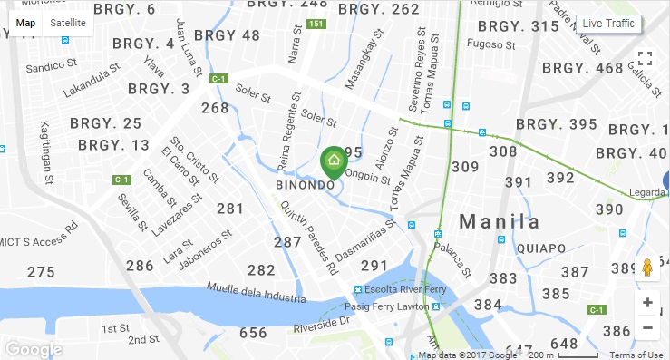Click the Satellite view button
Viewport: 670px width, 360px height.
[68, 23]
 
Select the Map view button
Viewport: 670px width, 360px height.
[26, 23]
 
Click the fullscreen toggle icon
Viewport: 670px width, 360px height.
[646, 59]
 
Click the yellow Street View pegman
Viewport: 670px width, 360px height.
[647, 268]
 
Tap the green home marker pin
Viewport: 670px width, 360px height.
[334, 162]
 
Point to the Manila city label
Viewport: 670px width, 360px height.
[499, 221]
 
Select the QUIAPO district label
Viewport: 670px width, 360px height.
[540, 248]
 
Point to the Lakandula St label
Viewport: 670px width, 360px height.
[92, 79]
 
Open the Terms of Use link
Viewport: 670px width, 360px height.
[636, 355]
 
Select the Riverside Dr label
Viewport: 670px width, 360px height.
[323, 323]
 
